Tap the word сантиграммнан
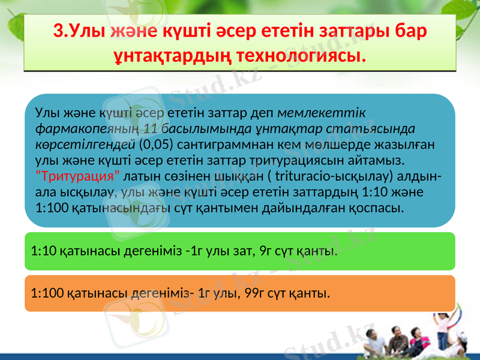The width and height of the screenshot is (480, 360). click(x=213, y=145)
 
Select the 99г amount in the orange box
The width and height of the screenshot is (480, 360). click(x=254, y=293)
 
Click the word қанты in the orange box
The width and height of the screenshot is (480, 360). click(x=313, y=293)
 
